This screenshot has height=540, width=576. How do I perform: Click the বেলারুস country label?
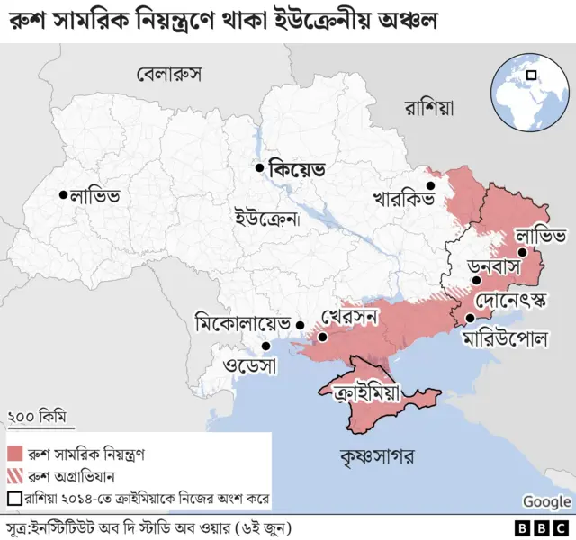(168, 73)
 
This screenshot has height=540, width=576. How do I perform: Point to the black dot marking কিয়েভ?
(259, 167)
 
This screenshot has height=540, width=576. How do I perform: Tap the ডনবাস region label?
(497, 268)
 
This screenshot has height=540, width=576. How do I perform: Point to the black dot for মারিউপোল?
(471, 319)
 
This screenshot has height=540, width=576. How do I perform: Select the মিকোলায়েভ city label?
(244, 322)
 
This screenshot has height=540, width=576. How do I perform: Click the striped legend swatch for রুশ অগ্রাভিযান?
(15, 475)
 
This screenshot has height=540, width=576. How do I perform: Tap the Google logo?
(546, 501)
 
